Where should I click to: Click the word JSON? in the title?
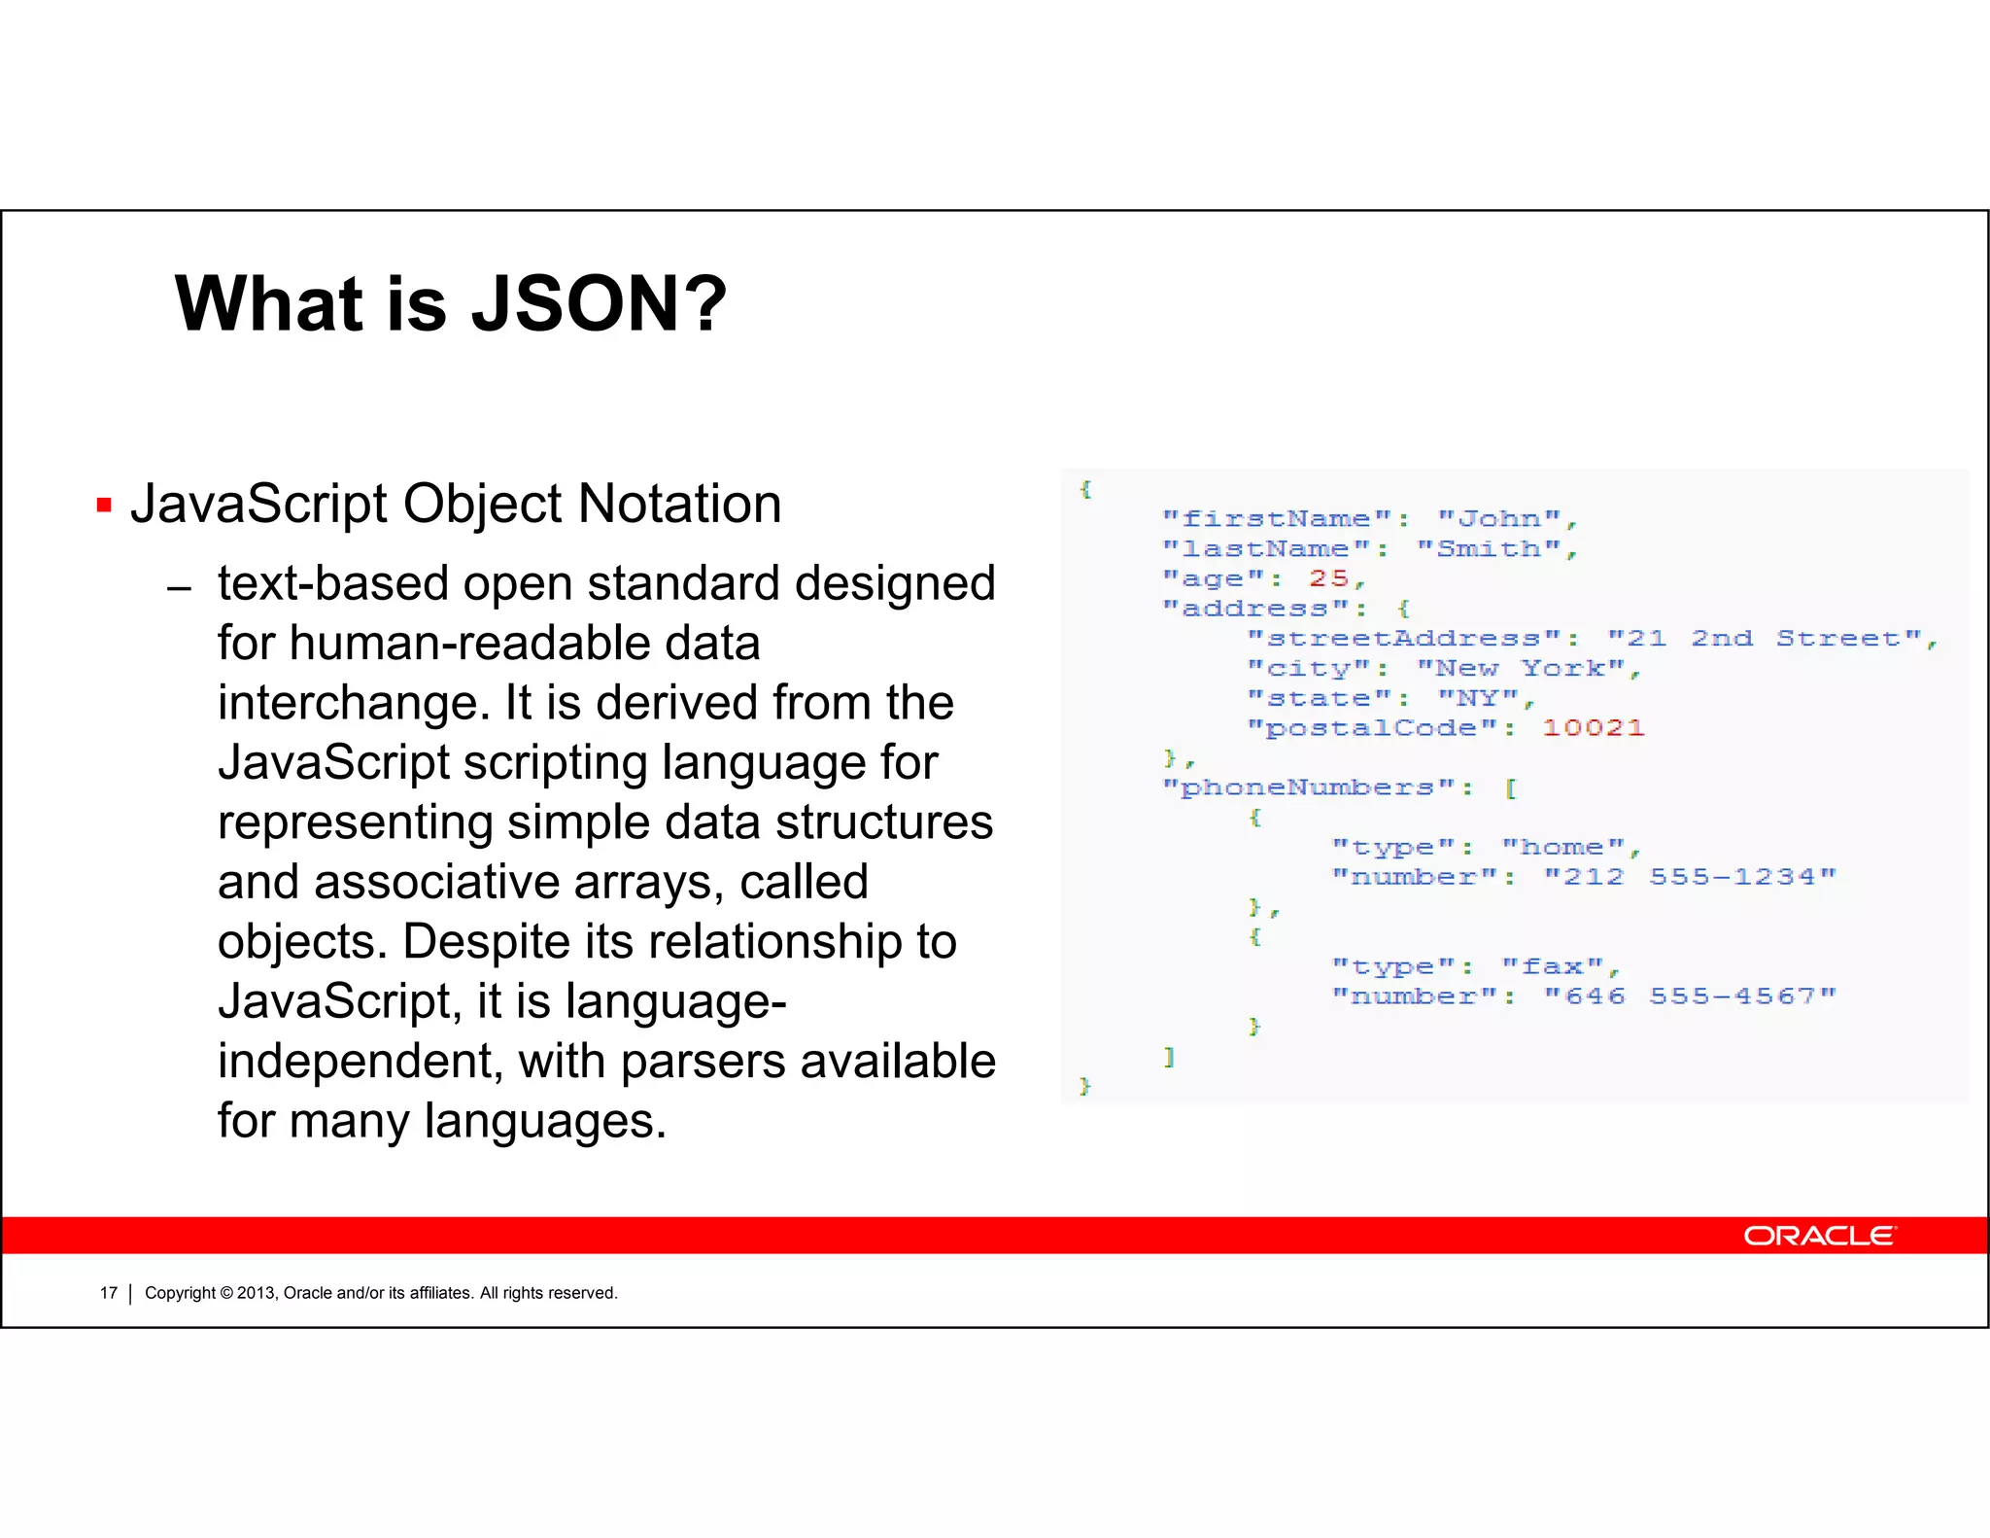[599, 303]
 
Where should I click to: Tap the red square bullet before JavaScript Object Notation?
[105, 506]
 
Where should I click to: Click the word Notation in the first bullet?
[679, 504]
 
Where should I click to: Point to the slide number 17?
[108, 1293]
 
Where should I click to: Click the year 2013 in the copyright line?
[257, 1293]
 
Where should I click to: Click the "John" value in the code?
[1500, 519]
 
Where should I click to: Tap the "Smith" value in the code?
[1490, 549]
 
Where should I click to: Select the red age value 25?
[1328, 578]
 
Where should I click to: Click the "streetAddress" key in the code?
[1405, 639]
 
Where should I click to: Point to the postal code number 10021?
[1594, 728]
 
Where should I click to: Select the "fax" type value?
[1553, 967]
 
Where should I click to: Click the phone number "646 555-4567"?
[1690, 996]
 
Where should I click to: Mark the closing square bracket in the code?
[1170, 1057]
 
